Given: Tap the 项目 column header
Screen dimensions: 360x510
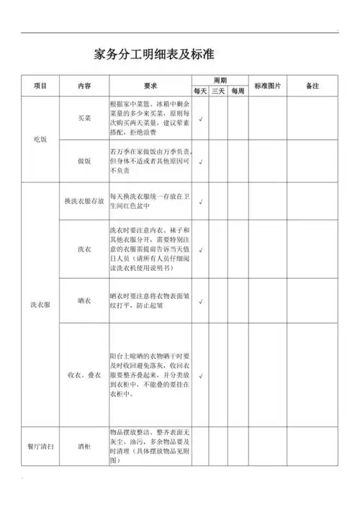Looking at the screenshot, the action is point(40,86).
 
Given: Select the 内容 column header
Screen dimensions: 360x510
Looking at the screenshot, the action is point(84,86).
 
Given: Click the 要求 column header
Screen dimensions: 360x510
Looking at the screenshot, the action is point(150,86).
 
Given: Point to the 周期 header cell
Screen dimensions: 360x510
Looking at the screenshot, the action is point(220,79).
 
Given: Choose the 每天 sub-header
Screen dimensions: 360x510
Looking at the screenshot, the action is point(199,91).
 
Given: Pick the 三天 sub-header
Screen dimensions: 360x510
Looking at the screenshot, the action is point(218,91).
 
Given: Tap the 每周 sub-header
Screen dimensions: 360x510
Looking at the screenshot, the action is point(238,91).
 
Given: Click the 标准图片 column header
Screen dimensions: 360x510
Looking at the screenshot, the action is point(268,86).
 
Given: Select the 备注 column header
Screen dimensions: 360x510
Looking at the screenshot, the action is point(312,86).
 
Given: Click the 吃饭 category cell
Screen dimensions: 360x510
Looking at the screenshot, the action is point(40,139).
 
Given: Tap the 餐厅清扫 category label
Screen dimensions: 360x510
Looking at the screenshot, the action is point(40,447).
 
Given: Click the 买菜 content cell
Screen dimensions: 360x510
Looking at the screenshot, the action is point(84,118).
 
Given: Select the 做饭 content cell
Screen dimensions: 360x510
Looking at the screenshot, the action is point(84,161).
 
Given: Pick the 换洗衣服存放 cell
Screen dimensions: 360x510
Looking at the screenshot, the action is point(84,202).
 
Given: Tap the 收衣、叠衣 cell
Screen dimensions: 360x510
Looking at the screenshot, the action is point(84,375).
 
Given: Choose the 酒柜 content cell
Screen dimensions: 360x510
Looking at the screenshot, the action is point(84,447).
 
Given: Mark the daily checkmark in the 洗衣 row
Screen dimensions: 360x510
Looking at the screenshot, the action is point(199,250).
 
